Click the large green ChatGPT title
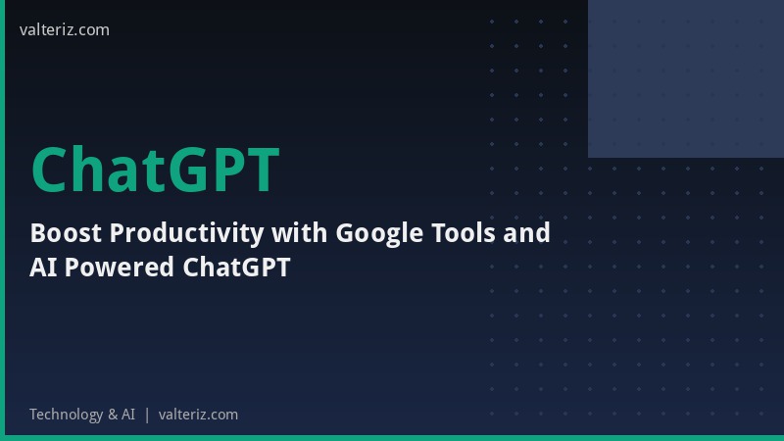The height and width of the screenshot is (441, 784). pos(155,170)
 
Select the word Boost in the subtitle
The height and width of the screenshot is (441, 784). pos(66,233)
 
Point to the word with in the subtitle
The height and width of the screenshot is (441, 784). pos(300,233)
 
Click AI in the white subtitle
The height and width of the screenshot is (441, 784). pos(42,268)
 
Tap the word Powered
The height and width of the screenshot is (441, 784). pos(121,268)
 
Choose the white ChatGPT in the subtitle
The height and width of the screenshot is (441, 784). pos(237,268)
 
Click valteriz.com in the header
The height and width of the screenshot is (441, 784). pos(65,29)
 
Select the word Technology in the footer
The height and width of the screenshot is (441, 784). pos(66,415)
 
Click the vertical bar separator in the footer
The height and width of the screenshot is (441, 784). pos(147,415)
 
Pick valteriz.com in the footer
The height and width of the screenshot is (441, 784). pos(198,415)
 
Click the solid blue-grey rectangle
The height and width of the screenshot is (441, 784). pos(686,78)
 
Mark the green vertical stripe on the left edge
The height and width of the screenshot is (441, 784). pos(2,220)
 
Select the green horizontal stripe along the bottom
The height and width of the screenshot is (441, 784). pos(392,438)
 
